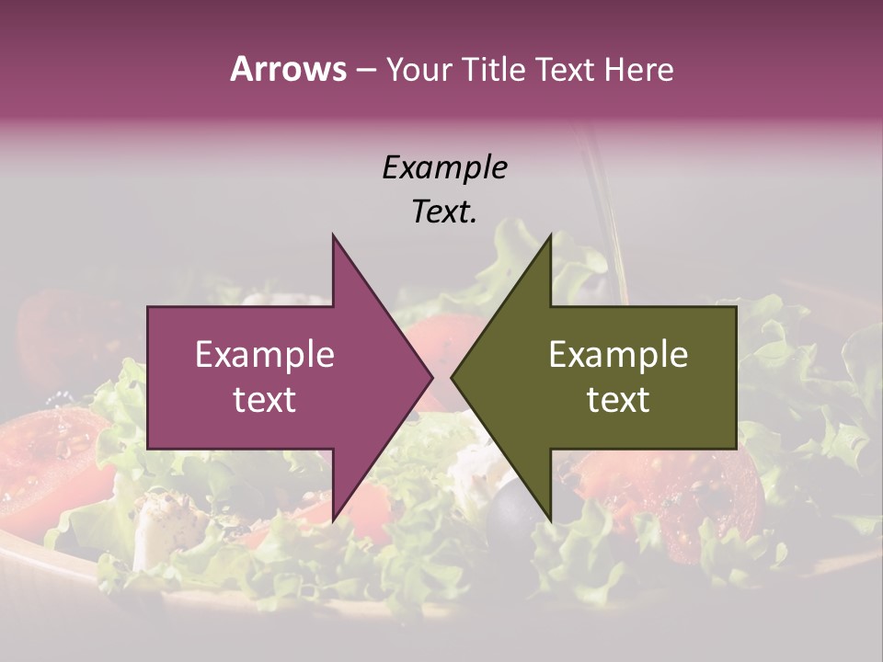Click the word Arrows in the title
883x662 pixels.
287,69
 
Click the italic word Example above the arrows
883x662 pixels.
444,167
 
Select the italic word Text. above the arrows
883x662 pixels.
444,211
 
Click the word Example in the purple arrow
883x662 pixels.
265,354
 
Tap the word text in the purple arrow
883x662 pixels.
265,399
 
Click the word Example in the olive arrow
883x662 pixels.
618,354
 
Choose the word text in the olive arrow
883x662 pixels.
618,399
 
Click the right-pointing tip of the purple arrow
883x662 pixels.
431,378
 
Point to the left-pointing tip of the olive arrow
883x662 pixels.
452,378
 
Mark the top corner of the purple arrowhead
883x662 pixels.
333,235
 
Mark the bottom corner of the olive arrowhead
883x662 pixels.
550,521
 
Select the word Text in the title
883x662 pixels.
565,70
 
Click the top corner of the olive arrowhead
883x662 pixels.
550,235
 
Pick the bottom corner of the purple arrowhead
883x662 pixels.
333,521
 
